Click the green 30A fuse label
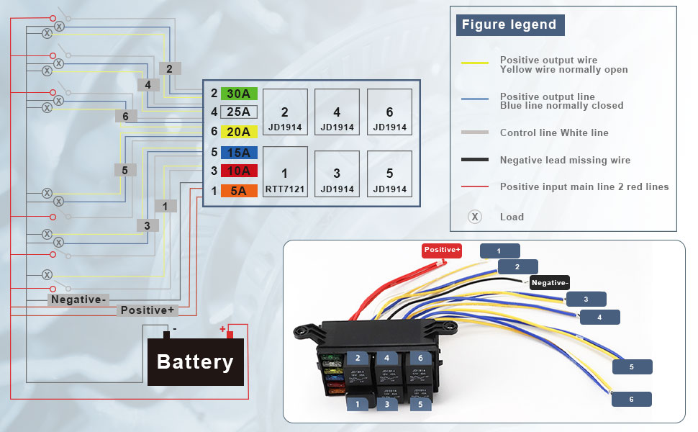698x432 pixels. [x=239, y=94]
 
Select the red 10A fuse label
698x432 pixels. [x=239, y=171]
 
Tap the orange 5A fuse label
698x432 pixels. [x=239, y=191]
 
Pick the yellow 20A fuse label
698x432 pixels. [x=239, y=132]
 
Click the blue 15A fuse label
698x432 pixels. [x=239, y=153]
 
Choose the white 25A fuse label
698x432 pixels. [x=239, y=112]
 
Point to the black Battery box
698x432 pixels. [x=195, y=361]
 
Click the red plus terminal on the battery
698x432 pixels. [x=222, y=331]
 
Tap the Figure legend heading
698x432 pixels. [x=509, y=24]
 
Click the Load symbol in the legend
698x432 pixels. [x=474, y=217]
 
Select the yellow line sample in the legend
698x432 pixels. [x=475, y=65]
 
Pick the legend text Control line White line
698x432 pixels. [x=554, y=132]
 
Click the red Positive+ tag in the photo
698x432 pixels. [x=442, y=250]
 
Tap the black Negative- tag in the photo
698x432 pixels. [x=549, y=283]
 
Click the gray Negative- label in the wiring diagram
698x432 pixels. [x=78, y=300]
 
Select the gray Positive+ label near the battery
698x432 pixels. [x=147, y=310]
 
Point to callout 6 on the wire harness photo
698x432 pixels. [x=631, y=399]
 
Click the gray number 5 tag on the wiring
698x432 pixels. [x=124, y=170]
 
